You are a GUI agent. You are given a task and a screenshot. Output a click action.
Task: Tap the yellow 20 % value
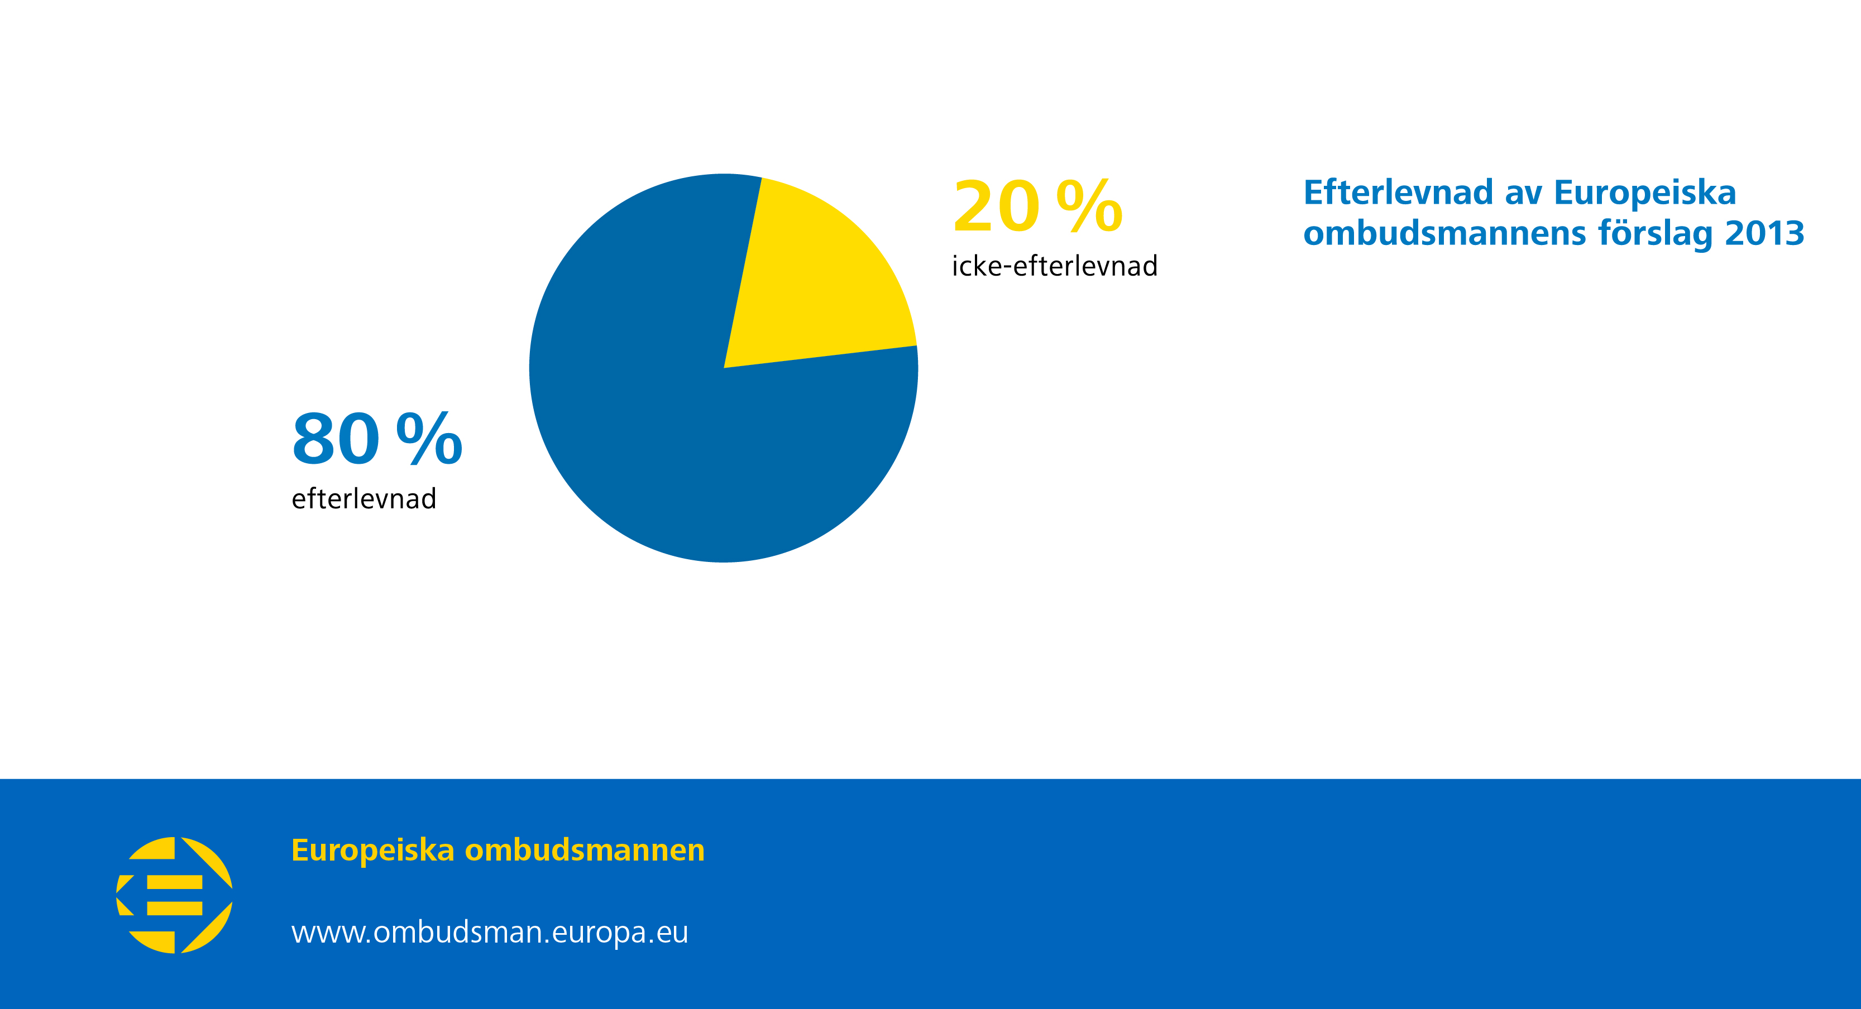[x=1037, y=206]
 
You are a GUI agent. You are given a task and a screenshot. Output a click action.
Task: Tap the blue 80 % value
[x=377, y=439]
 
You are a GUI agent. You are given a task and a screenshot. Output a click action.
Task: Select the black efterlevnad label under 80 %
[x=364, y=499]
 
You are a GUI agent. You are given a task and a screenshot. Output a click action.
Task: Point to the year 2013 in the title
[x=1765, y=233]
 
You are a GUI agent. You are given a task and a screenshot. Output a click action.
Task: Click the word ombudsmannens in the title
[x=1445, y=233]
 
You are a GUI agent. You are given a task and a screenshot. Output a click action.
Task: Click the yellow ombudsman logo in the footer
[x=174, y=895]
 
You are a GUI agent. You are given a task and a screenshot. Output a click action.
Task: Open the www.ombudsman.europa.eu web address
[x=490, y=933]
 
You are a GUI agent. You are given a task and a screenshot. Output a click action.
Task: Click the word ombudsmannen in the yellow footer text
[x=585, y=850]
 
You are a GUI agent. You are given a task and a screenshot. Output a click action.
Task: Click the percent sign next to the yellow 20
[x=1089, y=206]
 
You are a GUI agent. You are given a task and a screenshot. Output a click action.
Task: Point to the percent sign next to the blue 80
[x=429, y=439]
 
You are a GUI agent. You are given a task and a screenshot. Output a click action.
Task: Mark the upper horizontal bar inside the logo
[x=175, y=882]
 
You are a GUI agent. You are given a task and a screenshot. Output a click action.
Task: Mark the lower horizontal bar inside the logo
[x=175, y=908]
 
